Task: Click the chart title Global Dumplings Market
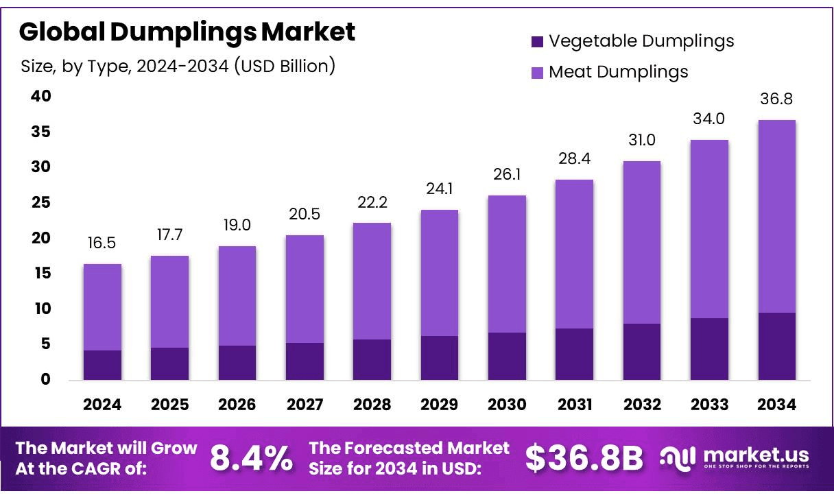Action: click(187, 32)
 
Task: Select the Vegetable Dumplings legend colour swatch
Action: click(537, 42)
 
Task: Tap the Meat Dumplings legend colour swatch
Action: click(537, 72)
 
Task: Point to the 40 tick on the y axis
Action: click(41, 96)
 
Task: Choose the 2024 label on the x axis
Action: click(102, 405)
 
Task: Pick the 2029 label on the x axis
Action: click(440, 405)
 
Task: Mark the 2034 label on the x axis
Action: click(777, 405)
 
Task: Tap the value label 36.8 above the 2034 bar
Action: click(777, 99)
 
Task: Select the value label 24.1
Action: click(440, 189)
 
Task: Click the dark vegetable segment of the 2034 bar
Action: click(777, 346)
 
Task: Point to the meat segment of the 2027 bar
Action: click(305, 289)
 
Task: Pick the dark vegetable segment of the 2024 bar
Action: click(102, 365)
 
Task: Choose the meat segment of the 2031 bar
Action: click(575, 254)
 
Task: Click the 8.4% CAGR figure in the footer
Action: click(250, 458)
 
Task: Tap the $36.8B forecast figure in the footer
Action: click(584, 458)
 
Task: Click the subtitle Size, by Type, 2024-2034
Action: click(178, 66)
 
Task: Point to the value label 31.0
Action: click(642, 141)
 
